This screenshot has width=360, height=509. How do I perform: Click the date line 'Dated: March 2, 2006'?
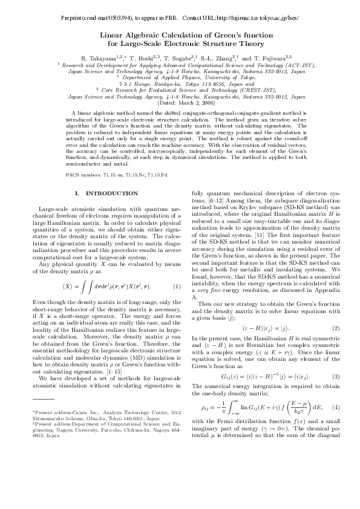point(180,103)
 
